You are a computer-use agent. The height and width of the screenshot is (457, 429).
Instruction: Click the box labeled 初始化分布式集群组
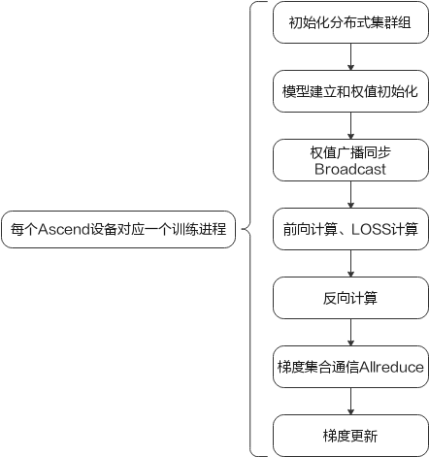tap(350, 22)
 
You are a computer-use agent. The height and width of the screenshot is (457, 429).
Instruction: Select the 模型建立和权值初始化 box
tap(350, 91)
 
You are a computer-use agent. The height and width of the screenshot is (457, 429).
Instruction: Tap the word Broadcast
tap(350, 169)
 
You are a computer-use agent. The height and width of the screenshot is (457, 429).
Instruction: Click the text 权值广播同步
tap(350, 153)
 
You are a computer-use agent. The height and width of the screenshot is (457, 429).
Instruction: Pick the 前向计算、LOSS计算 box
tap(350, 229)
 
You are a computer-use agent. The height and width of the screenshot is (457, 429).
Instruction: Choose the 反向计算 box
tap(350, 298)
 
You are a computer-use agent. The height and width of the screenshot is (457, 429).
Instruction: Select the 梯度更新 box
tap(350, 436)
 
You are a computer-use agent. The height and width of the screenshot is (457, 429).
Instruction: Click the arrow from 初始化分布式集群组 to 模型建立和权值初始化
tap(350, 56)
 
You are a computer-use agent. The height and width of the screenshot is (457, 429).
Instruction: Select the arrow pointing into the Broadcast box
tap(350, 125)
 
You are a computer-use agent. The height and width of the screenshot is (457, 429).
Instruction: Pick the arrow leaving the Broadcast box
tap(350, 194)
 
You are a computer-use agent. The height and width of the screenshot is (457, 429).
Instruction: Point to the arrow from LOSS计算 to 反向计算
tap(350, 263)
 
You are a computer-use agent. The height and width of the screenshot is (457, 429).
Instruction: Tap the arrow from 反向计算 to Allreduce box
tap(350, 332)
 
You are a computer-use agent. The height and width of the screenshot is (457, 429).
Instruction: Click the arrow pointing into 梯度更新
tap(350, 401)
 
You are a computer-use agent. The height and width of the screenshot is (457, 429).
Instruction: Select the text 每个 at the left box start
tap(24, 230)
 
